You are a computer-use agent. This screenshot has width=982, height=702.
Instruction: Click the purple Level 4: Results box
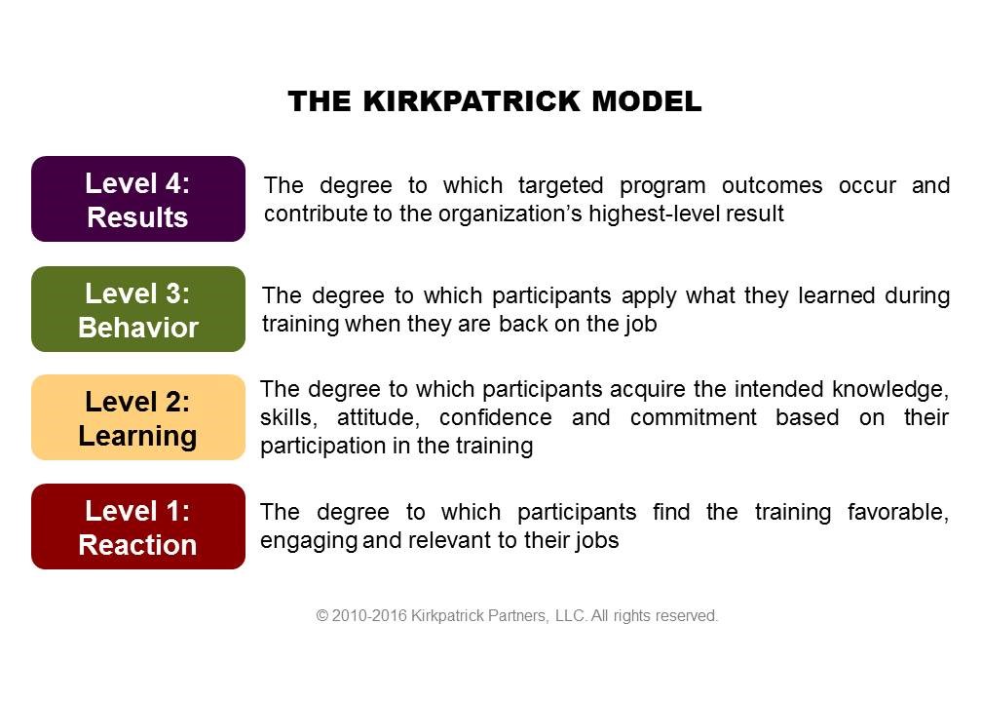138,199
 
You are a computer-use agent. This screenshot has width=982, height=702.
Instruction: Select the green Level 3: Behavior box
138,309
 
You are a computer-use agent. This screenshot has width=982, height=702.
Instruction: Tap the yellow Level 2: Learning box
138,417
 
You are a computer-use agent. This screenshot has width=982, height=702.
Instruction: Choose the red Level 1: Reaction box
138,526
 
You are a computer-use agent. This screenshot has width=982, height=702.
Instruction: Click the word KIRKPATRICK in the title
471,101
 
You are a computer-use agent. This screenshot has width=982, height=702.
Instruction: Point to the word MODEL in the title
647,101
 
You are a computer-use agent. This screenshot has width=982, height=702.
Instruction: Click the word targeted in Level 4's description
560,186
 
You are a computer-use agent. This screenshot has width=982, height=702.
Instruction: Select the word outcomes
772,185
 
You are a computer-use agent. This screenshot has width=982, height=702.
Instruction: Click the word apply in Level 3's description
649,296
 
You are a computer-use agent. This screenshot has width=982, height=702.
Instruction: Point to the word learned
836,295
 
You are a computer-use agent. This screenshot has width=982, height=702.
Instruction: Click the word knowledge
890,390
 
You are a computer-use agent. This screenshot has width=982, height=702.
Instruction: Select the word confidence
495,417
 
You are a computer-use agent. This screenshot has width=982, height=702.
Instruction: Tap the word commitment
694,417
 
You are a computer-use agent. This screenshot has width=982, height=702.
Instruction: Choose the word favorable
898,512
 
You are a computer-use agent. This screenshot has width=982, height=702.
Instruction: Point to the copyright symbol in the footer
321,615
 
